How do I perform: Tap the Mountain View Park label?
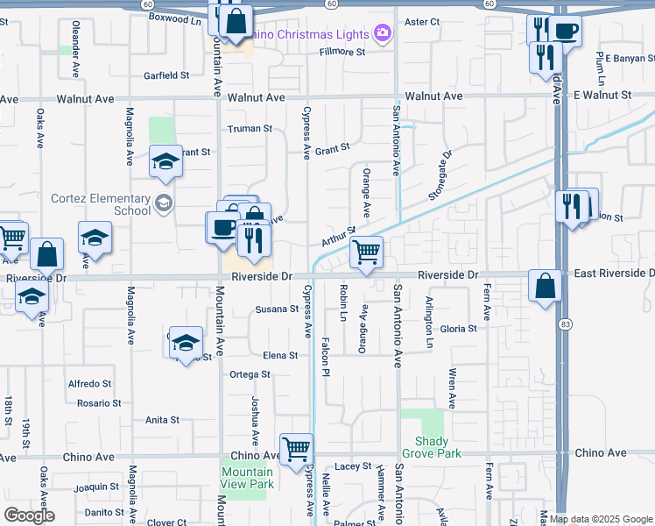(x=247, y=479)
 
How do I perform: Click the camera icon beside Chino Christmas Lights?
(x=382, y=33)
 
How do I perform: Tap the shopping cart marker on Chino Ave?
(x=297, y=449)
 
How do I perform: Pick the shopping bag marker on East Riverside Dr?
(x=546, y=286)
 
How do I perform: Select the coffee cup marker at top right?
(x=565, y=32)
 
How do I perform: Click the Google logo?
(x=29, y=515)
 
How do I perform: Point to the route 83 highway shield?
(x=567, y=311)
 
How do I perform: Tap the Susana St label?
(x=277, y=309)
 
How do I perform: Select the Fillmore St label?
(x=342, y=52)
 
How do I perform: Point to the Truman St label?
(x=250, y=128)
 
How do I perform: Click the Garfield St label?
(x=166, y=75)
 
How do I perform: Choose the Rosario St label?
(x=98, y=403)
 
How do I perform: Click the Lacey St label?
(x=354, y=466)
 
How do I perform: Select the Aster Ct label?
(x=419, y=22)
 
